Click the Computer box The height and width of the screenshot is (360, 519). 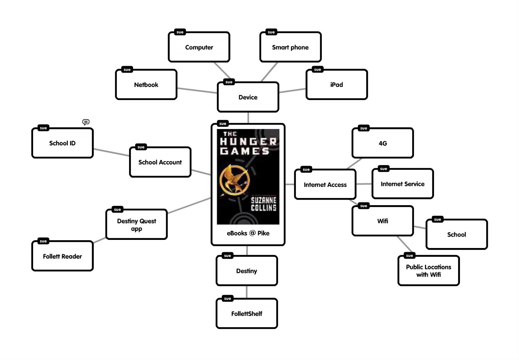199,47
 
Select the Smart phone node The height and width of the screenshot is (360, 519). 290,47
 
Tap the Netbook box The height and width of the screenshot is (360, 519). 146,85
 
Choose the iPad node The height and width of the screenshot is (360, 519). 336,85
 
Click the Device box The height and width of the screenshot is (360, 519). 248,97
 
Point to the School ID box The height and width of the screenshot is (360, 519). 62,143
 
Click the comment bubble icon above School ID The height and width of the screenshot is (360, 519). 86,122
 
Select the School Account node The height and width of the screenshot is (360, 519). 160,162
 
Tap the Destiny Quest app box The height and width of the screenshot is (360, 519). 136,225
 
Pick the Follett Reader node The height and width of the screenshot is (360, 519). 62,256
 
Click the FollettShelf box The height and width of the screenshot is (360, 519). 247,314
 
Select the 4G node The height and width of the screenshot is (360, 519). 383,143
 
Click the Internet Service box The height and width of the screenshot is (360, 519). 403,184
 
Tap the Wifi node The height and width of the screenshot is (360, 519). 383,221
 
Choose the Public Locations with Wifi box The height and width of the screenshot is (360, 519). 428,271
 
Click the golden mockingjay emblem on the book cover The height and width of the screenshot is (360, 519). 235,180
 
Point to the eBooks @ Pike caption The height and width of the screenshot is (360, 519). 248,233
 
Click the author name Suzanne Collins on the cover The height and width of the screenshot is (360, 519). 263,204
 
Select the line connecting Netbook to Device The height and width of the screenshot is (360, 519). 197,91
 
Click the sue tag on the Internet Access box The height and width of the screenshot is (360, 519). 306,169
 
